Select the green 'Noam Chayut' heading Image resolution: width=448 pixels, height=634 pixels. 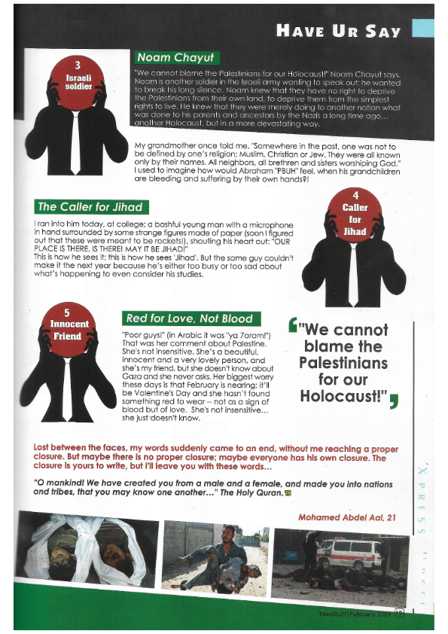(x=175, y=57)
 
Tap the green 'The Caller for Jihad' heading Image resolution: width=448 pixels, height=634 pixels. (x=89, y=206)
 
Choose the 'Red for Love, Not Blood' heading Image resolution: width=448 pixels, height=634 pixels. (x=191, y=319)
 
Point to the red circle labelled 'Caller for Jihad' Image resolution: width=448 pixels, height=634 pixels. (x=355, y=218)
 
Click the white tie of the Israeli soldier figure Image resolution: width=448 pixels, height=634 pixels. (x=76, y=142)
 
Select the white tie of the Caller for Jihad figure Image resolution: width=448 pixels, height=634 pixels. (x=353, y=275)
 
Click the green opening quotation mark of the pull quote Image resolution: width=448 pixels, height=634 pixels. (x=293, y=325)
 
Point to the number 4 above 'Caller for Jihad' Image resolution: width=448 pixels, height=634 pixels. (x=355, y=196)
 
